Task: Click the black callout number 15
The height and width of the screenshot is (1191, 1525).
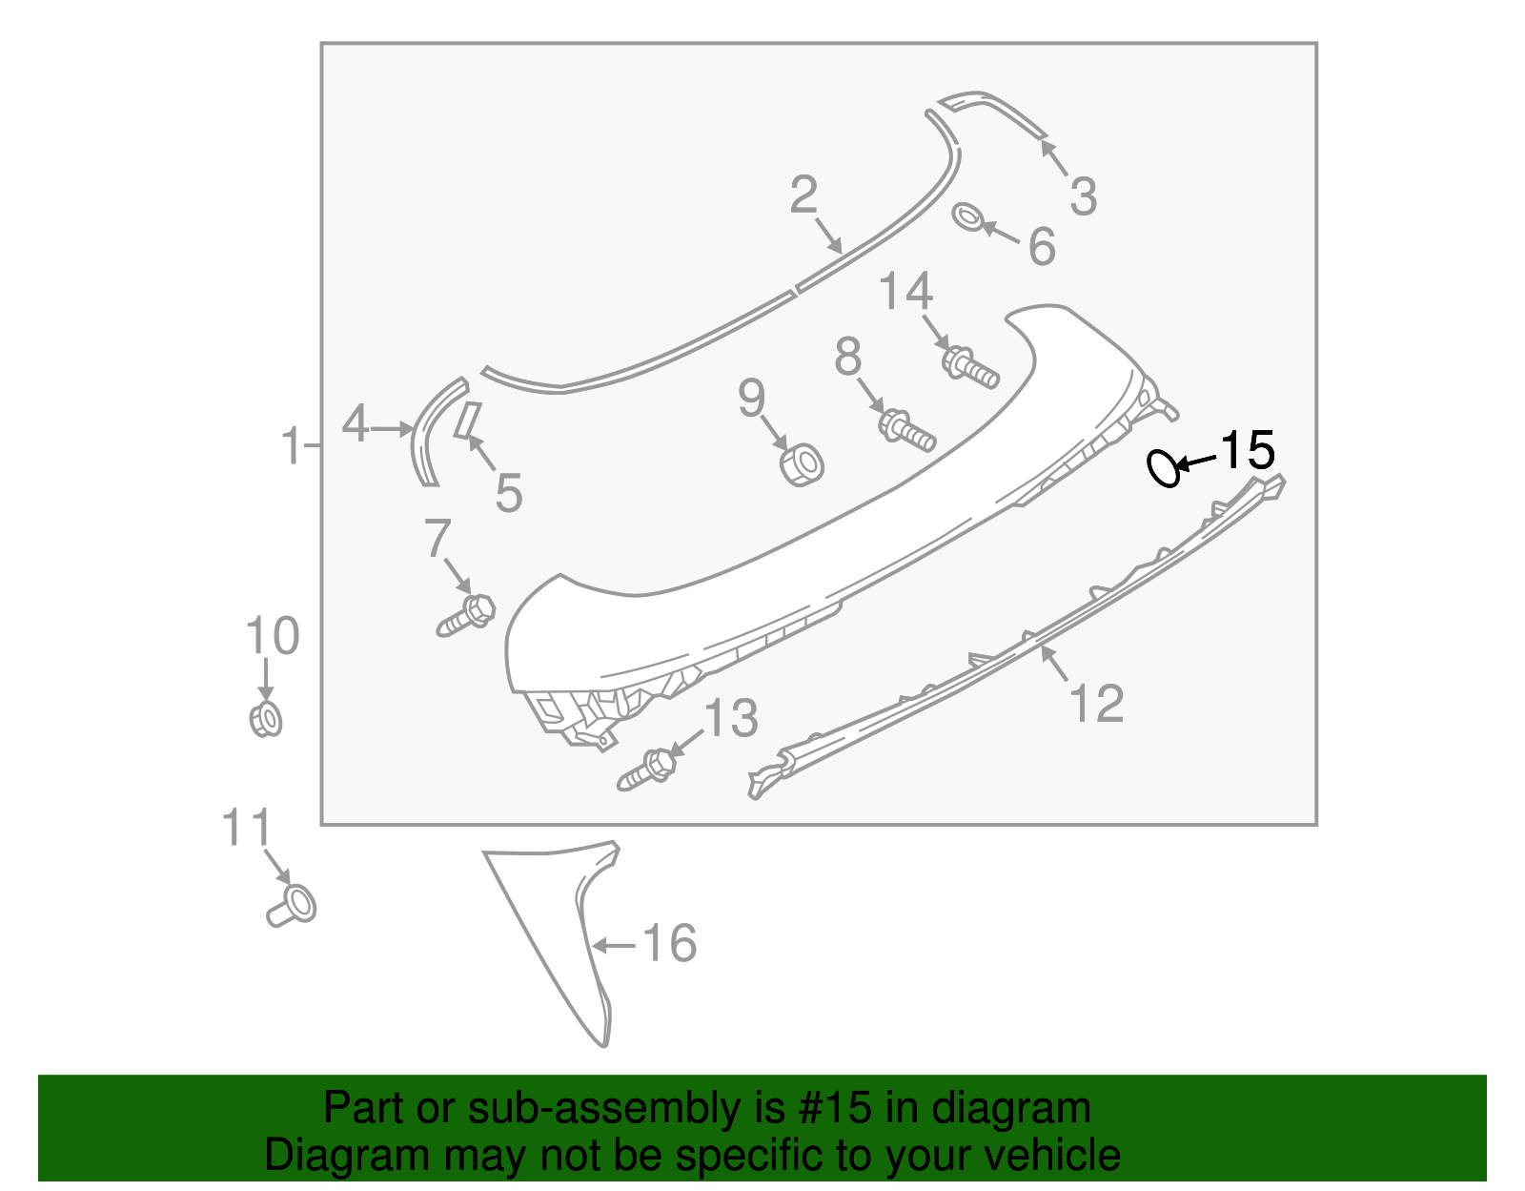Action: pyautogui.click(x=1247, y=450)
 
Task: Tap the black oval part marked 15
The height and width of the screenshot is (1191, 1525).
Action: pyautogui.click(x=1163, y=468)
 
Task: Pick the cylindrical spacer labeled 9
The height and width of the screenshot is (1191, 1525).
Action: pyautogui.click(x=802, y=463)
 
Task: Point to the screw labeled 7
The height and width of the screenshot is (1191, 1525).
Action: pyautogui.click(x=466, y=615)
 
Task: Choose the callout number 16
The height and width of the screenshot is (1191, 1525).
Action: pyautogui.click(x=670, y=943)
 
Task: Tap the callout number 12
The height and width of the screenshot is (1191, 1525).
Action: pyautogui.click(x=1096, y=704)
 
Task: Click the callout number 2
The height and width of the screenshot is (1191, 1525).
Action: pyautogui.click(x=803, y=195)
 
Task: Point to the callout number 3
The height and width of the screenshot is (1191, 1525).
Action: pyautogui.click(x=1083, y=196)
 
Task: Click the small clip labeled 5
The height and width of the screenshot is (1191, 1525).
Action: pyautogui.click(x=467, y=420)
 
